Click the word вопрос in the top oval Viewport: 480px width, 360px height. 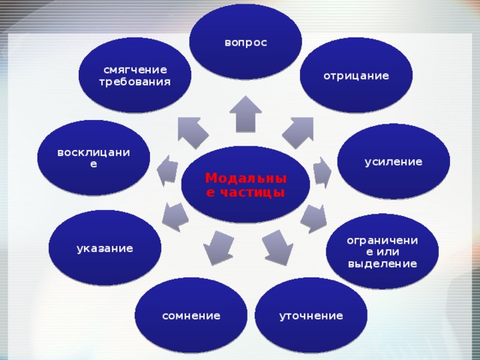coord(245,43)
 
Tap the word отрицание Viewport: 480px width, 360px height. coord(356,76)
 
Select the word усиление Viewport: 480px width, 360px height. coord(393,161)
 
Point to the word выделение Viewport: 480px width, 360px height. coord(382,264)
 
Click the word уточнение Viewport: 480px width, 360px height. coord(310,316)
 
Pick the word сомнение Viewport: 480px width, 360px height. coord(191,316)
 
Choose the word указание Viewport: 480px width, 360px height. coord(105,247)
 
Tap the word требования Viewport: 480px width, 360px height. coord(135,81)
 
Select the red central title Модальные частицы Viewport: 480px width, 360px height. coord(245,184)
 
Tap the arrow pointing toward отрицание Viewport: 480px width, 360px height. coord(298,130)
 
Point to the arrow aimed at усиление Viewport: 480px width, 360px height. coord(321,172)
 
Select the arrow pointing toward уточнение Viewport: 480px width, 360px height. coord(278,247)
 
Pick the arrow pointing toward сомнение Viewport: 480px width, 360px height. coord(217,247)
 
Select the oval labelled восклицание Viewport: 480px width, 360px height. coord(94,157)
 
